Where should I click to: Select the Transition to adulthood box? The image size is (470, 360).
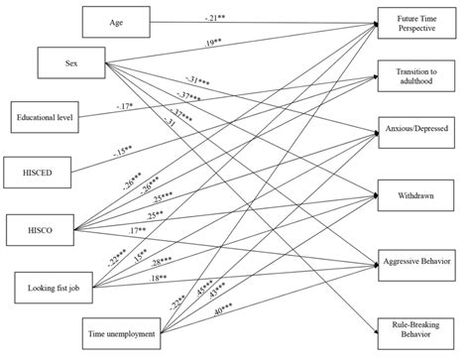point(416,76)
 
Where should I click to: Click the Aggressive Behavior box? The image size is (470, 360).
point(416,259)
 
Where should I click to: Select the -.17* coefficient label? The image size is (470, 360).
point(126,108)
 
